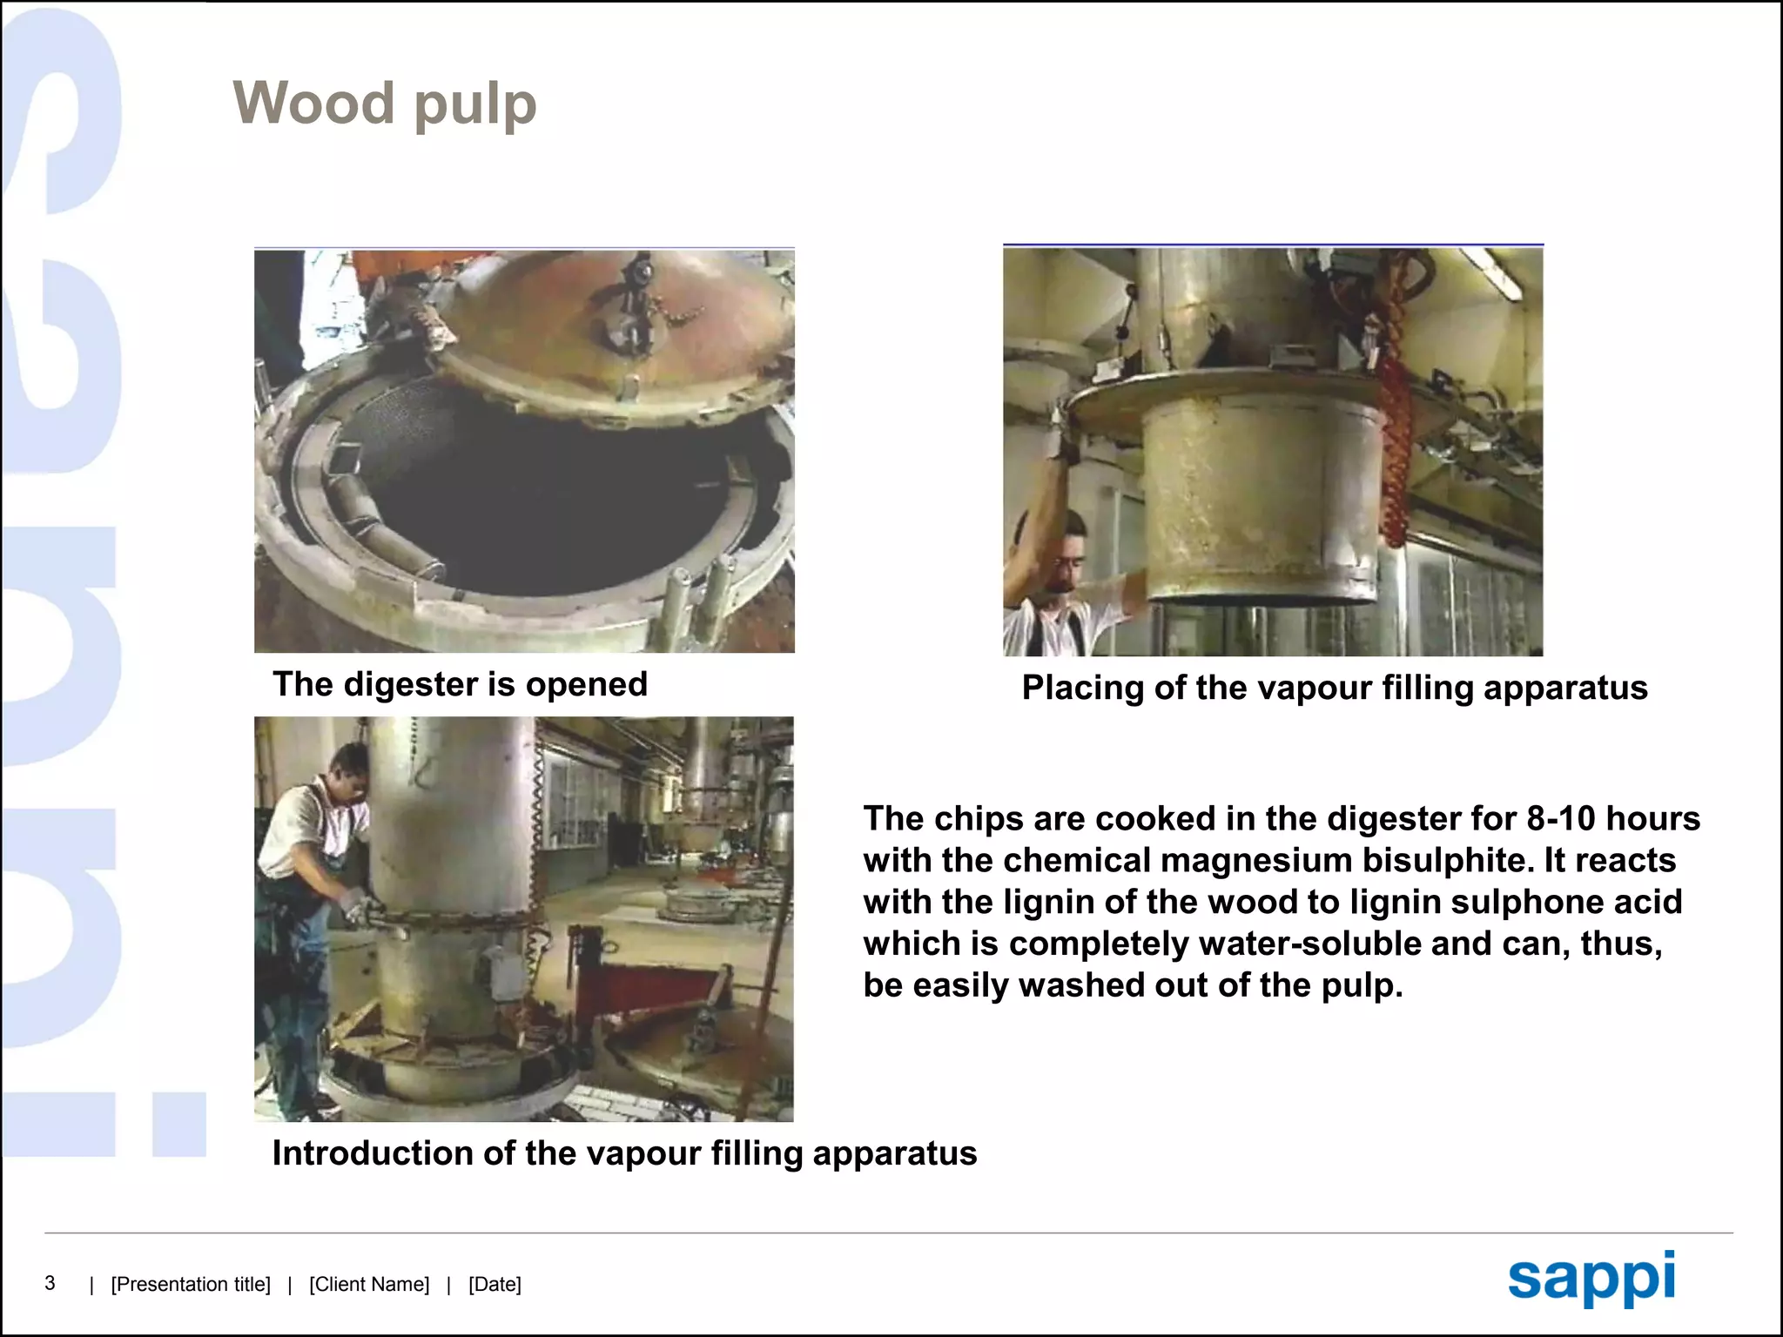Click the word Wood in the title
click(313, 103)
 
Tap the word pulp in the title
click(474, 106)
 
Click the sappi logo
click(1591, 1278)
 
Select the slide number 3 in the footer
click(50, 1283)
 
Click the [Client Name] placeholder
click(369, 1285)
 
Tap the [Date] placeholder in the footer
click(495, 1285)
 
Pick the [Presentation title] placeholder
click(191, 1285)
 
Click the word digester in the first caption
click(410, 685)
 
